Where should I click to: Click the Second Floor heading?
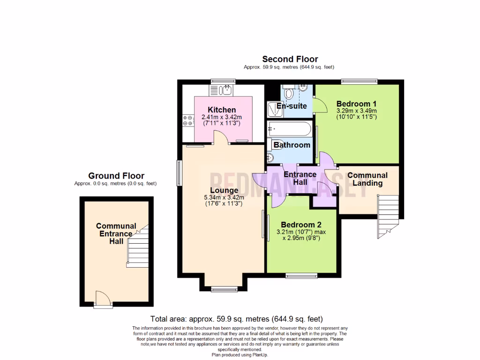pos(290,59)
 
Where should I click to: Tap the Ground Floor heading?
pos(116,176)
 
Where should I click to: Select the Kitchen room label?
pos(222,110)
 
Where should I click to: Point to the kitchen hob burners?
pos(188,120)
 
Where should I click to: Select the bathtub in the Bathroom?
pos(289,128)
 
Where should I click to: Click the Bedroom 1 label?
pos(356,104)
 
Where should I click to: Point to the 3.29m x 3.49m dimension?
pos(357,111)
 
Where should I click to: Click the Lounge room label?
pos(224,190)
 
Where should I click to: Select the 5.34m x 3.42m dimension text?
pos(224,197)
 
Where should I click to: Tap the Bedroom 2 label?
pos(301,225)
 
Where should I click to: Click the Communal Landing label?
pos(367,179)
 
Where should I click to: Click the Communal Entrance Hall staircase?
pos(138,247)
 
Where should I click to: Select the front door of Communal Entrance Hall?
pos(103,299)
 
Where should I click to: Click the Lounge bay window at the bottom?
pos(225,289)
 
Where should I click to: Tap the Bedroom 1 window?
pos(359,81)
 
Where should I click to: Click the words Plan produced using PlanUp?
pos(240,355)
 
